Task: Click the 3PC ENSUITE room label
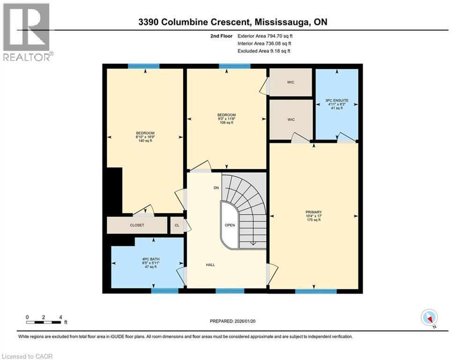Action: [337, 100]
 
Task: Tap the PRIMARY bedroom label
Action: [314, 212]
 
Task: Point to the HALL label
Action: [210, 265]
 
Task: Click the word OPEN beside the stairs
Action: [229, 225]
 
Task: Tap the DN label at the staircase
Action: [216, 188]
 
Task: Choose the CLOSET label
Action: [137, 225]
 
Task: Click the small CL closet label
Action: [177, 225]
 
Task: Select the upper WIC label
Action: [291, 82]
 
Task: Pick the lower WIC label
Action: [291, 120]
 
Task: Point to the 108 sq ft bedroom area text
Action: [226, 123]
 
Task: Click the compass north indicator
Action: [429, 318]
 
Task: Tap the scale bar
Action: [44, 322]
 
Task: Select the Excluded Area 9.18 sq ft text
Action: [264, 51]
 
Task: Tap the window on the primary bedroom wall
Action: [316, 291]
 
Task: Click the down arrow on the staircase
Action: [252, 242]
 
